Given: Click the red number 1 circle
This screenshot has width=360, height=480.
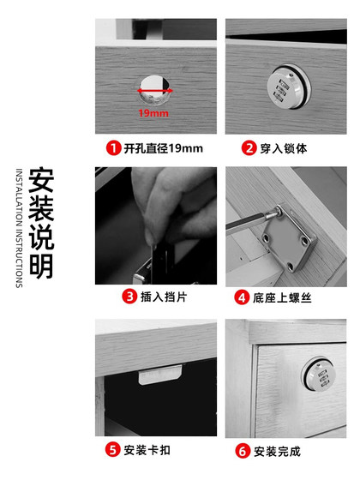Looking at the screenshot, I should [112, 147].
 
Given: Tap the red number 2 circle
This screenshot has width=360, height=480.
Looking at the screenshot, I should [249, 147].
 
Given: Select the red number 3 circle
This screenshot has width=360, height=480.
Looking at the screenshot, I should [129, 298].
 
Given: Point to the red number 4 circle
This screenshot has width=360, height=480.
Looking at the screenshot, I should [243, 298].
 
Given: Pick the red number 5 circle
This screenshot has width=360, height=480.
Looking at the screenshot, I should [112, 449].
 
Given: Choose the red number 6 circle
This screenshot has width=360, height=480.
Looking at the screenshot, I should [243, 449].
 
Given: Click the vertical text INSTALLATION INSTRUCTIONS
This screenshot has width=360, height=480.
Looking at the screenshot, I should [19, 228].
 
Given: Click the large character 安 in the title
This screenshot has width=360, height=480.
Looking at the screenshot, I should [42, 181].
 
